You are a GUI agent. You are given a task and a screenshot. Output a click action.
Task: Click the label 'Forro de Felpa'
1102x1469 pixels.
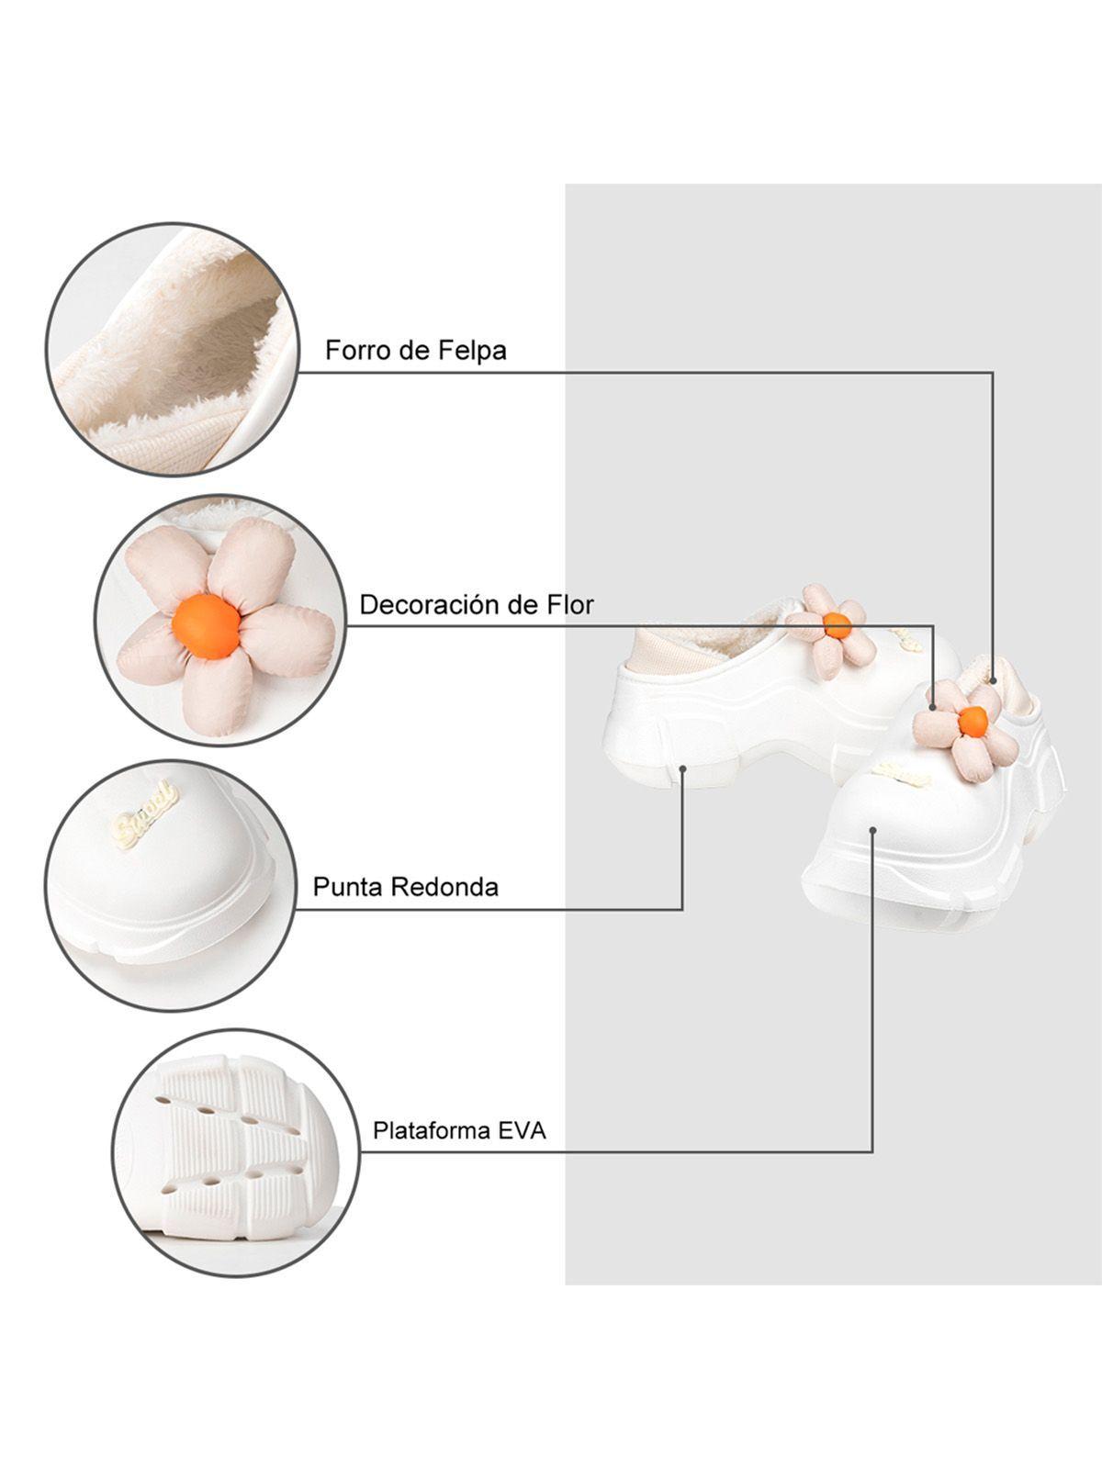(x=415, y=350)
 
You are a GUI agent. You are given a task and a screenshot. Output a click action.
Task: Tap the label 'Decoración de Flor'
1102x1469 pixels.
(x=476, y=604)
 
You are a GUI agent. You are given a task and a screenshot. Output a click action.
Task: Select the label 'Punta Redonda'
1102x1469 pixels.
(x=405, y=886)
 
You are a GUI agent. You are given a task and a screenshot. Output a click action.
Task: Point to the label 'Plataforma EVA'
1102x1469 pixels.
(x=458, y=1129)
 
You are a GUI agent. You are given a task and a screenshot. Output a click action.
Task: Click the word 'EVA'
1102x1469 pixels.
(x=522, y=1129)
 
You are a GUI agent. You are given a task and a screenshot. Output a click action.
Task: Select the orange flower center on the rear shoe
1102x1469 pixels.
(x=837, y=625)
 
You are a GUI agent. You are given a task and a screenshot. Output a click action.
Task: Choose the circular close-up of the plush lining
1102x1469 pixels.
(x=173, y=348)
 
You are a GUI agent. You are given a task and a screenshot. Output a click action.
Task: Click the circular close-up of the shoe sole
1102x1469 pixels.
(x=236, y=1151)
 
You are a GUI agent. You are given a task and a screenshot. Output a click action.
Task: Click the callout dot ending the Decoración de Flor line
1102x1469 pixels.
(x=934, y=707)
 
